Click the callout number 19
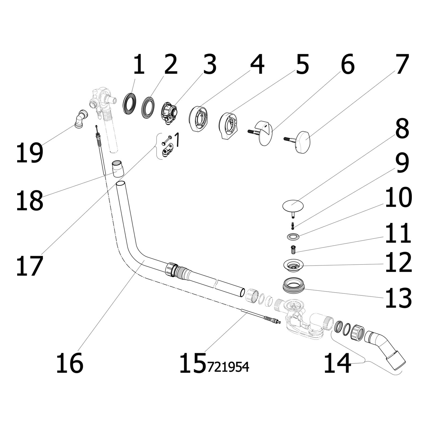click(29, 153)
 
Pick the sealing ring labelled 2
click(148, 104)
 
